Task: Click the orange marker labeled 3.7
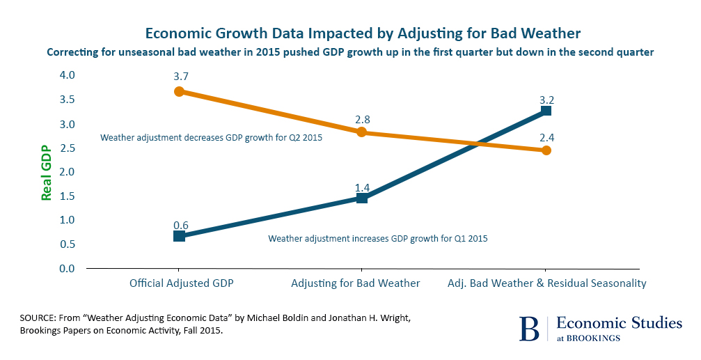pyautogui.click(x=179, y=91)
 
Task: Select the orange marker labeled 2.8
pyautogui.click(x=361, y=132)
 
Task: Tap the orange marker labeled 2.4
pyautogui.click(x=546, y=150)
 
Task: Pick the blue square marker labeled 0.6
pyautogui.click(x=179, y=236)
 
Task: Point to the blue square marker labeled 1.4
pyautogui.click(x=361, y=198)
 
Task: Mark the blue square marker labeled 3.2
pyautogui.click(x=546, y=111)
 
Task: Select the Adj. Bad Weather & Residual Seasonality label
pyautogui.click(x=546, y=283)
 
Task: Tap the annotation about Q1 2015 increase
pyautogui.click(x=378, y=238)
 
